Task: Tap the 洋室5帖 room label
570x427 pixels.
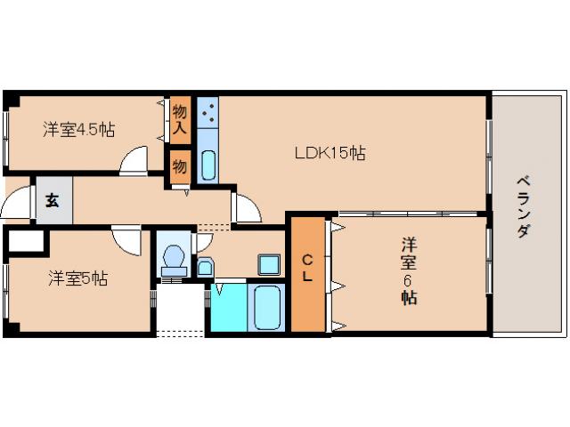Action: (x=78, y=278)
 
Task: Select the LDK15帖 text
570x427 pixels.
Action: (x=330, y=153)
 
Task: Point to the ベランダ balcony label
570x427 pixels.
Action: (x=523, y=207)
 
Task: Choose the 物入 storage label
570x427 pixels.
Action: (x=180, y=119)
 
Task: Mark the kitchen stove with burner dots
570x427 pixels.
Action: (x=208, y=113)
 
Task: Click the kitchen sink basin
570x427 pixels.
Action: (x=208, y=165)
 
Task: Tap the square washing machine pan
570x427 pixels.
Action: (x=268, y=263)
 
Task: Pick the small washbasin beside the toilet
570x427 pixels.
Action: (x=205, y=267)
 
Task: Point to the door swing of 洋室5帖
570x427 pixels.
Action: (x=126, y=239)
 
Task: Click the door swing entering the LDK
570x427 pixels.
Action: (x=245, y=208)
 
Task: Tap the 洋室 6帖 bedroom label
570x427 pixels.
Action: (x=408, y=270)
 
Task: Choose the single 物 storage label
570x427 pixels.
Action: (x=180, y=166)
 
